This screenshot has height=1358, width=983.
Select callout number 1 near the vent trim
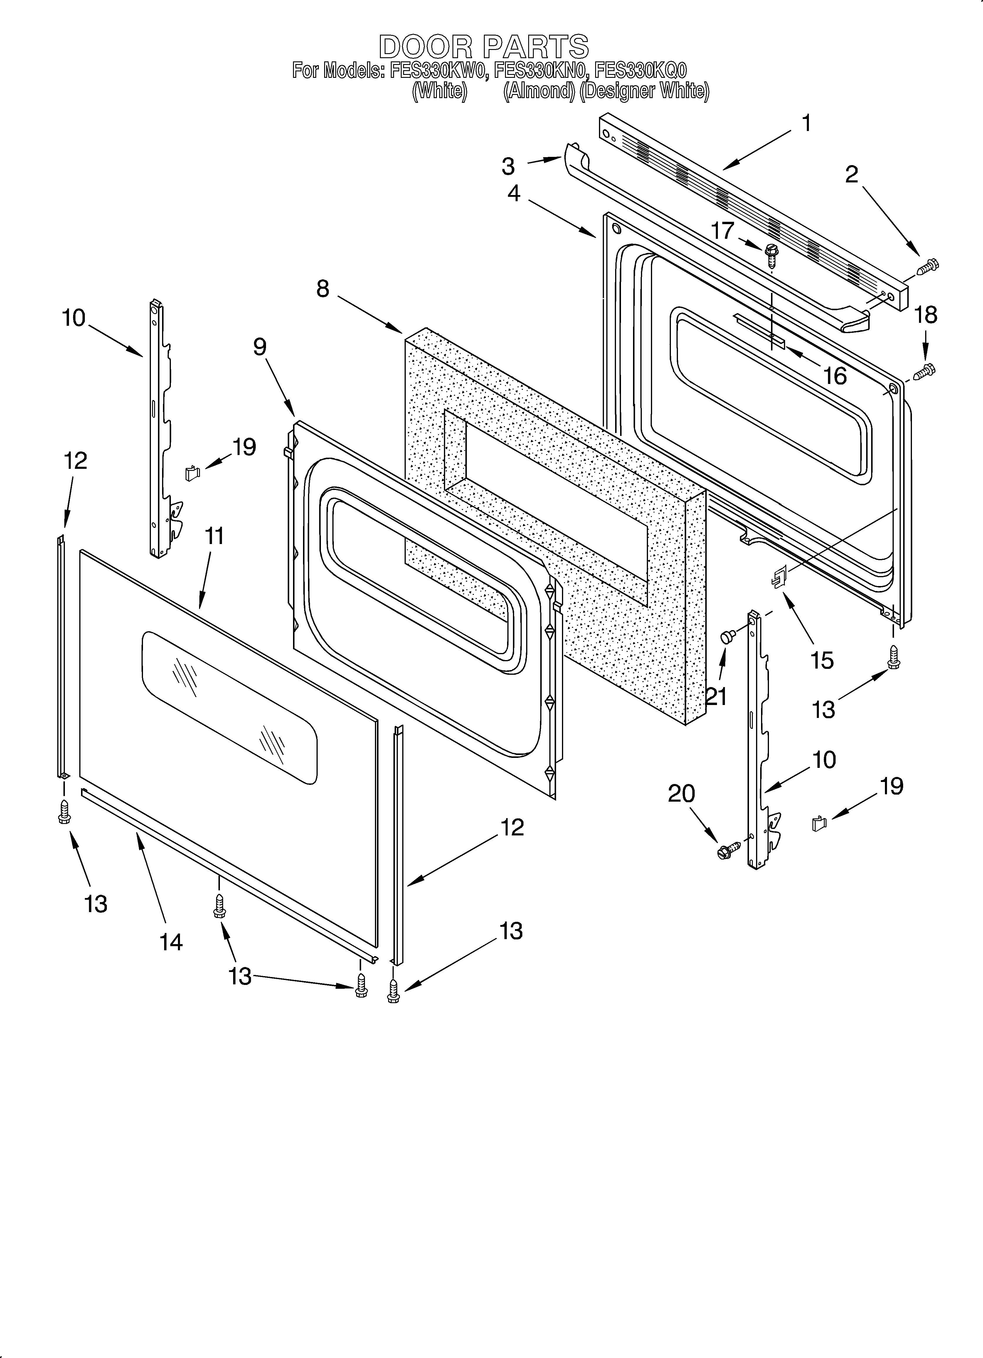[x=807, y=123]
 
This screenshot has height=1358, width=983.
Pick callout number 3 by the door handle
[x=508, y=166]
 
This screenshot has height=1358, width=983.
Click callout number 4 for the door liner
[x=514, y=193]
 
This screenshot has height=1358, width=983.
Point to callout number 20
[x=681, y=794]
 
